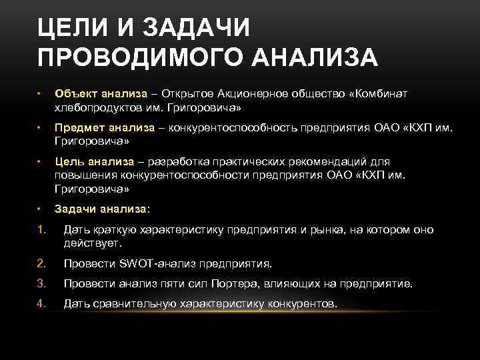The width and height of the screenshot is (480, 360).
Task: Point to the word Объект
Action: [76, 94]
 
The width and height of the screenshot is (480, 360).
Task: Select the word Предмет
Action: [80, 128]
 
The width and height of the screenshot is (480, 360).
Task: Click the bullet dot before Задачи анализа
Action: [40, 208]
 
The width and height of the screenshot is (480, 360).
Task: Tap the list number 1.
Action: [41, 229]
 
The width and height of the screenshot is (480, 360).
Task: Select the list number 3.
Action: [41, 283]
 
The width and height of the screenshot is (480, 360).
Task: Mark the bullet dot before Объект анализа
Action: [40, 94]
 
